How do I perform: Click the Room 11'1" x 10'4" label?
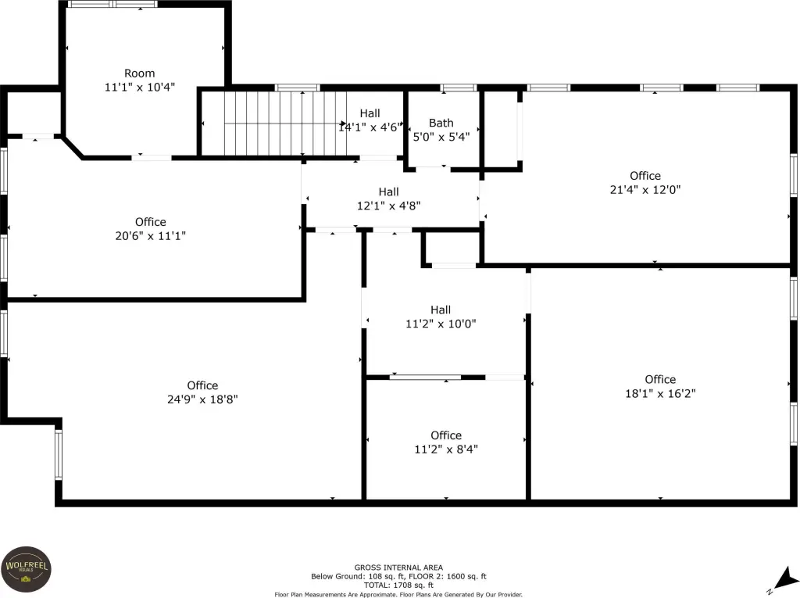click(x=139, y=81)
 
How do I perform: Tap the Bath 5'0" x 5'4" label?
click(x=441, y=130)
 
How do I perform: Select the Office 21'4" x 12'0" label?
click(x=645, y=183)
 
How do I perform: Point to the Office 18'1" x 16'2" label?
click(x=660, y=386)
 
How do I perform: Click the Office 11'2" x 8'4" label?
click(x=446, y=442)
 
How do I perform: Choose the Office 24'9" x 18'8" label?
click(x=202, y=392)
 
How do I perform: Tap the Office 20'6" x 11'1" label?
click(x=151, y=229)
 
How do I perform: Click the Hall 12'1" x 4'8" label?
click(x=389, y=199)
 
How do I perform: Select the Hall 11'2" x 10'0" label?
click(x=441, y=317)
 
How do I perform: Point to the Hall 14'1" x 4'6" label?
click(x=370, y=120)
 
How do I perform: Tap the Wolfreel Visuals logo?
click(x=26, y=569)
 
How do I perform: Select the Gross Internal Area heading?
click(x=398, y=568)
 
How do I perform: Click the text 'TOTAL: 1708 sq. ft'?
click(x=398, y=585)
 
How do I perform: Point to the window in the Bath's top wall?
click(x=458, y=88)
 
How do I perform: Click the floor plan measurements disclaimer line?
click(x=398, y=594)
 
